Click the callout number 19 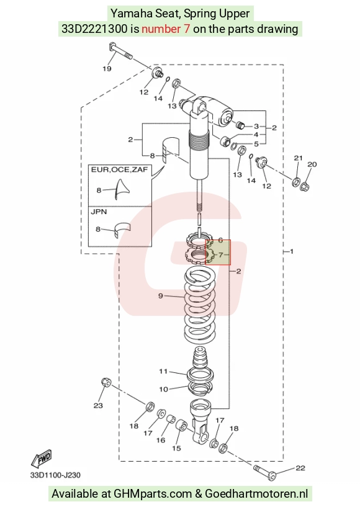[107, 68]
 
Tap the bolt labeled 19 [120, 51]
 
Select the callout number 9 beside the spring [160, 295]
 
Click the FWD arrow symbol [42, 458]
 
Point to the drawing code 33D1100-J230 [55, 475]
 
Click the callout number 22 [300, 468]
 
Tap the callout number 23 [98, 405]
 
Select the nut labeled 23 [106, 382]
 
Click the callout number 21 [298, 158]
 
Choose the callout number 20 [312, 164]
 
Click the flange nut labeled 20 [304, 187]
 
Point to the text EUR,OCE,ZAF [119, 169]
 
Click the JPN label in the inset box [99, 212]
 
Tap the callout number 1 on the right [292, 251]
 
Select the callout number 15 [177, 448]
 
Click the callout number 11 [163, 371]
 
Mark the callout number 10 [164, 389]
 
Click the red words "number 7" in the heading [166, 29]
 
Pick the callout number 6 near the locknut [220, 240]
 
